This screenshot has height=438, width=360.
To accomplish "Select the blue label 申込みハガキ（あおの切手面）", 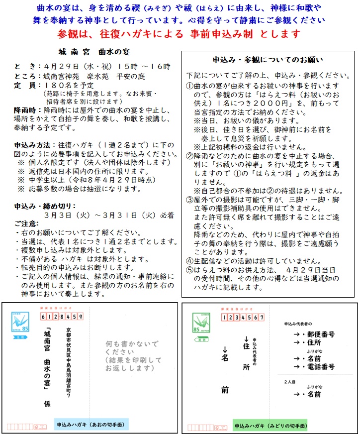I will click(x=91, y=425).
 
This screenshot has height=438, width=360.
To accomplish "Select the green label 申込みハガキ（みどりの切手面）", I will click(x=270, y=427).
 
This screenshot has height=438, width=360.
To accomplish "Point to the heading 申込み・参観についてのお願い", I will click(x=268, y=59).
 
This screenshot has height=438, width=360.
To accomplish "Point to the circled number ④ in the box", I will click(x=189, y=260).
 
